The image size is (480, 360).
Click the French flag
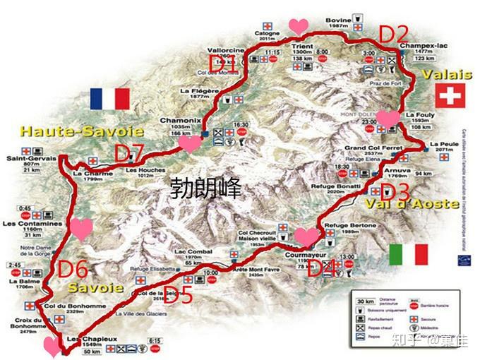click(x=109, y=99)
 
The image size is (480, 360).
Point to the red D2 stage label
click(x=394, y=33)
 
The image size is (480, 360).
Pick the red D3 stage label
click(x=395, y=191)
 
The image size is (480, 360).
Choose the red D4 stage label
click(x=321, y=268)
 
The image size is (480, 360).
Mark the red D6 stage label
click(x=73, y=269)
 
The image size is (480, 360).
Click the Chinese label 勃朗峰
click(x=207, y=188)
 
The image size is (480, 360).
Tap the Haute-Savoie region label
click(x=81, y=131)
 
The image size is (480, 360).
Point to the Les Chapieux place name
click(x=82, y=340)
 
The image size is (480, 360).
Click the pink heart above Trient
click(x=299, y=26)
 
